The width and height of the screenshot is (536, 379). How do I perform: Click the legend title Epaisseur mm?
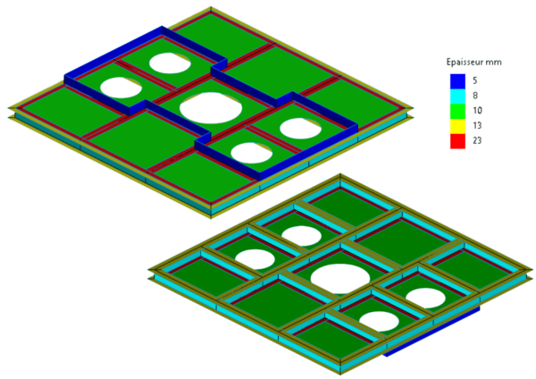(x=472, y=63)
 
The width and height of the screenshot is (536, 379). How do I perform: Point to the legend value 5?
(x=473, y=80)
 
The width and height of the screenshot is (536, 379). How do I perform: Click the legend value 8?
(x=473, y=96)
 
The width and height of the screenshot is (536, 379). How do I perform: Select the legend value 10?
(x=475, y=110)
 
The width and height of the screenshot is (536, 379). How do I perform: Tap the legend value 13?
(x=475, y=125)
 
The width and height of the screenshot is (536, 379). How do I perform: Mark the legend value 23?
(x=475, y=140)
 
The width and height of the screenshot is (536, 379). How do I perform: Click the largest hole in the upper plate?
(x=211, y=107)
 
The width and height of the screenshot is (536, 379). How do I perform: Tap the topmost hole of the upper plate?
(x=170, y=63)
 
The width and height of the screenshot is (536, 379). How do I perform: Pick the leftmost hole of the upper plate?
(x=121, y=87)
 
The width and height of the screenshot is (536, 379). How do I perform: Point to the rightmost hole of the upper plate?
(x=300, y=128)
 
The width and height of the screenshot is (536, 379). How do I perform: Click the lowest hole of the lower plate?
(x=379, y=320)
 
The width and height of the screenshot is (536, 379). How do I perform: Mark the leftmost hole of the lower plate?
(x=255, y=259)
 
